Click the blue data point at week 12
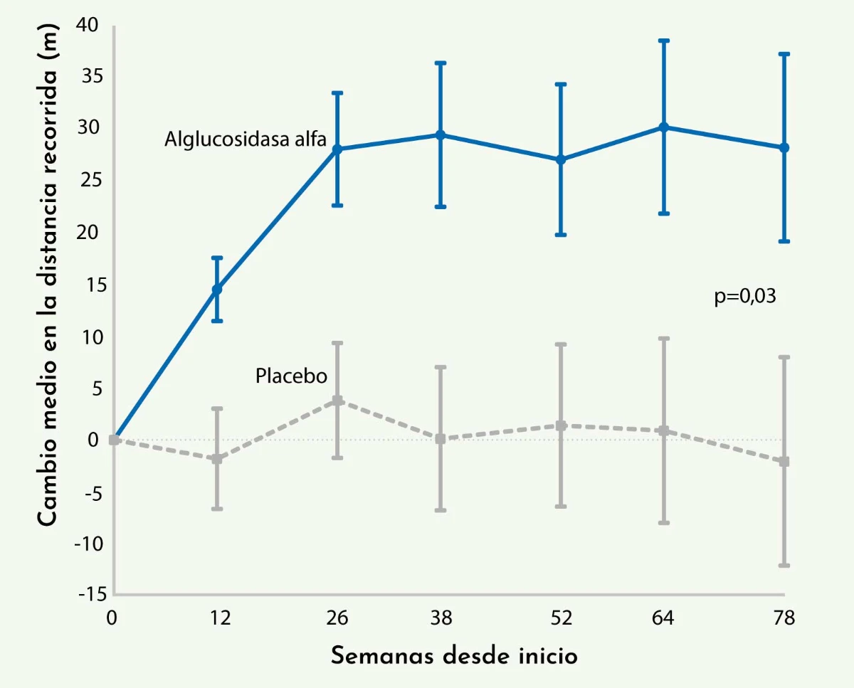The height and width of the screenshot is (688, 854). [x=217, y=290]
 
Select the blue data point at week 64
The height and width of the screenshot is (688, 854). [x=663, y=127]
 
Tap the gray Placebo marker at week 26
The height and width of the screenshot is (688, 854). [x=337, y=401]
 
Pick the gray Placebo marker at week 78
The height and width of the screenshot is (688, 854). [x=784, y=462]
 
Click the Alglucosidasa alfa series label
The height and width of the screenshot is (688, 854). [x=245, y=139]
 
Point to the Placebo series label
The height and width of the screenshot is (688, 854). [x=291, y=376]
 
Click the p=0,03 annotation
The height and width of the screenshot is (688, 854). [x=744, y=297]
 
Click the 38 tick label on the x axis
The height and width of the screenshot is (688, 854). [x=441, y=618]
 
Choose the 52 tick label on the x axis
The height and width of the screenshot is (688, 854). [x=562, y=618]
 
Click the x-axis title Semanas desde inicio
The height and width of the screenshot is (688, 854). [x=454, y=655]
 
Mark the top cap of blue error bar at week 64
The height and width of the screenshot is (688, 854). [x=663, y=41]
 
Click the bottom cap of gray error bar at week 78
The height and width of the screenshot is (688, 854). [x=784, y=566]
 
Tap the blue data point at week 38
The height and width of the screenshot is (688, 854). [x=441, y=135]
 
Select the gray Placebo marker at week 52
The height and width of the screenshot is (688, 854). [x=562, y=425]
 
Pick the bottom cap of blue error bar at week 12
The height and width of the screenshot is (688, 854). [x=217, y=321]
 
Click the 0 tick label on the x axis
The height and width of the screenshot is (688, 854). [x=112, y=618]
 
